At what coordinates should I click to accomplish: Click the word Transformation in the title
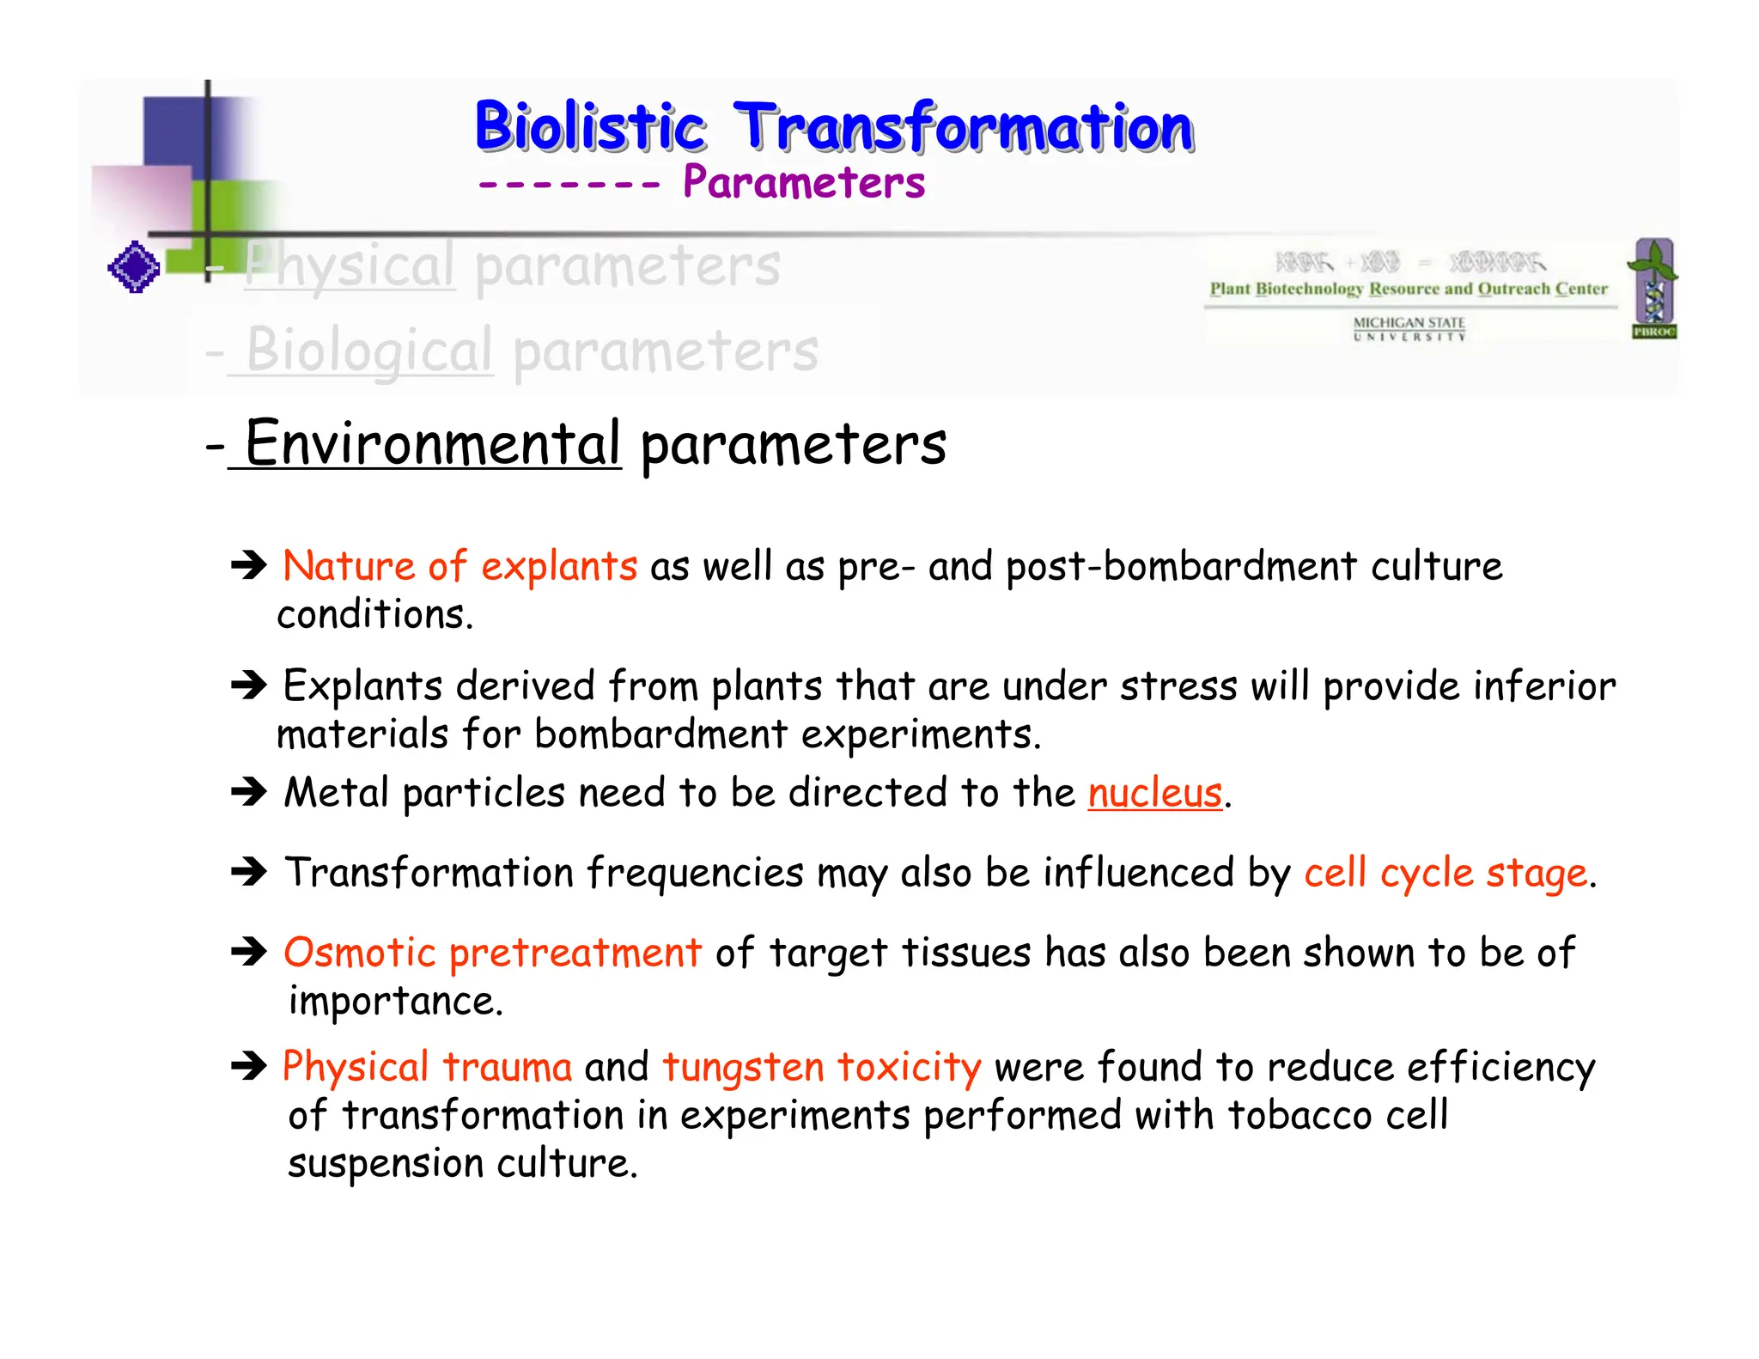(x=964, y=127)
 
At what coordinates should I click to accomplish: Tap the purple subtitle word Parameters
(x=803, y=182)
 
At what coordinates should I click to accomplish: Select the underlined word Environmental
(x=432, y=443)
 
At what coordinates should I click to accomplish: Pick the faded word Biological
(x=369, y=350)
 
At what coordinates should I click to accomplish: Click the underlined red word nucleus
(x=1153, y=792)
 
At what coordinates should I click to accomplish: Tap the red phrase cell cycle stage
(x=1445, y=873)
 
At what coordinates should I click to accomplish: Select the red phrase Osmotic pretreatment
(x=492, y=953)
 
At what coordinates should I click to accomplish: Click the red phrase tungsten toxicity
(x=821, y=1067)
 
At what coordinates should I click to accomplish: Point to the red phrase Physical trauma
(x=427, y=1067)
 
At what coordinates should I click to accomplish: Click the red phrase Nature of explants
(x=460, y=566)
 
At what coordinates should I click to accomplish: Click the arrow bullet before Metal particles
(x=249, y=791)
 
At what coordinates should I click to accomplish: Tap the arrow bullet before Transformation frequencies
(x=249, y=872)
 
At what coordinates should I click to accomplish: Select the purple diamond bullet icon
(x=134, y=267)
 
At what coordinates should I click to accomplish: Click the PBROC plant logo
(x=1654, y=288)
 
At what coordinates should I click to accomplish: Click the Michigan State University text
(x=1409, y=328)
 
